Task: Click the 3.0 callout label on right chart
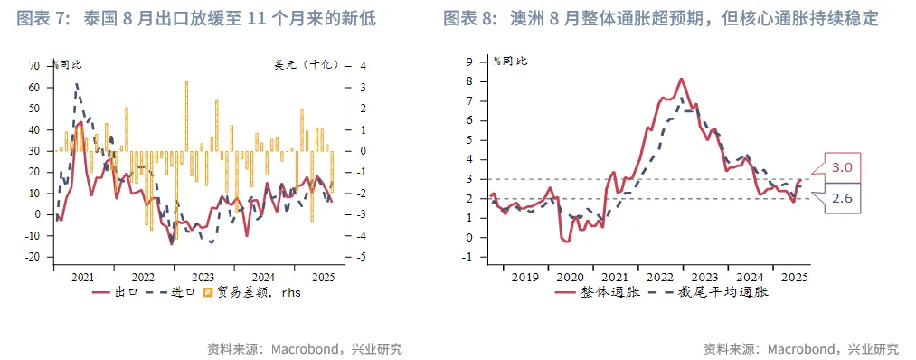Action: click(x=842, y=167)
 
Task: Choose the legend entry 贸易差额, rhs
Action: click(x=252, y=292)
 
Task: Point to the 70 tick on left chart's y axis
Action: click(x=34, y=66)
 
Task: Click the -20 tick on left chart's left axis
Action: click(x=33, y=257)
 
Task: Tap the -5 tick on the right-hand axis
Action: click(x=362, y=257)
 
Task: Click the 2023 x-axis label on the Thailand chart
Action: click(x=203, y=277)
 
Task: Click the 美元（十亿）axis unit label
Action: click(x=307, y=64)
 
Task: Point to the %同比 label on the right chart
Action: click(x=511, y=61)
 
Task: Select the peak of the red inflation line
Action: click(x=681, y=79)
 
